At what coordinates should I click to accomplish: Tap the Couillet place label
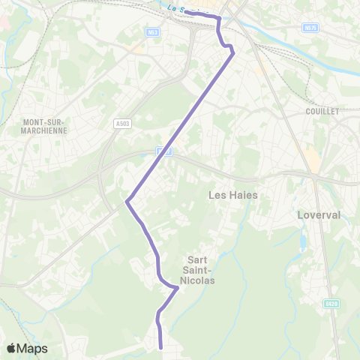(322, 111)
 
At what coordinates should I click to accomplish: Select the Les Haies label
(232, 195)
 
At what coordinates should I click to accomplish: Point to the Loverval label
(319, 214)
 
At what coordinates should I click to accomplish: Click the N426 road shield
(331, 304)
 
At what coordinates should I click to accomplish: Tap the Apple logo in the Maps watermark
(11, 348)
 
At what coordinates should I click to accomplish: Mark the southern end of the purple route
(162, 347)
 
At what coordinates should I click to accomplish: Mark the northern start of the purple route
(187, 11)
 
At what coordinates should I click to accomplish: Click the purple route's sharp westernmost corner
(127, 200)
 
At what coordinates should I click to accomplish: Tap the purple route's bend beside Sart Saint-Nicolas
(177, 287)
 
